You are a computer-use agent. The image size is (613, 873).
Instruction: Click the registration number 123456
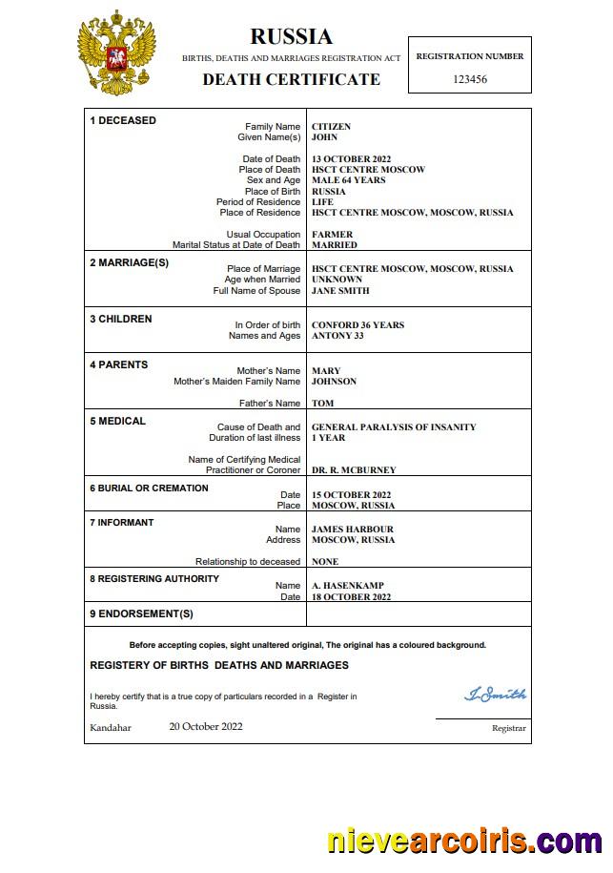pos(470,79)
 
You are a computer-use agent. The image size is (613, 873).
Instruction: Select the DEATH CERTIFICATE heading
pos(291,79)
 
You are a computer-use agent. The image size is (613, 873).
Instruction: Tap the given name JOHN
pos(325,137)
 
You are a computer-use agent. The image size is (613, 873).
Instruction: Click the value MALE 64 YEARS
pos(348,180)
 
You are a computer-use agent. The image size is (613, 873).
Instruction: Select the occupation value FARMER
pos(332,235)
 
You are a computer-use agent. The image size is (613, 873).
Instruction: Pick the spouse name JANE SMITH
pos(340,291)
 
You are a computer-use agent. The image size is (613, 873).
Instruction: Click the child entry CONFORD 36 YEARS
pos(358,325)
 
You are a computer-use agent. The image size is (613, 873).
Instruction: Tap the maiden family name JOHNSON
pos(334,382)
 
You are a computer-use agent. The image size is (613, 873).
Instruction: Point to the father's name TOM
pos(322,404)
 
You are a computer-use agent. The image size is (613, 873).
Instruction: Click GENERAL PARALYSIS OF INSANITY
pos(394,427)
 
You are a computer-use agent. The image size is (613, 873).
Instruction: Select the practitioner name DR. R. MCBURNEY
pos(354,470)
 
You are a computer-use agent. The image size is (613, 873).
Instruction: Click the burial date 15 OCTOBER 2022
pos(352,495)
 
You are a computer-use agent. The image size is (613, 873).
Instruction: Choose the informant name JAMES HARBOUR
pos(352,530)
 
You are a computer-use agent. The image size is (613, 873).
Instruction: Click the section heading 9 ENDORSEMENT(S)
pos(141,613)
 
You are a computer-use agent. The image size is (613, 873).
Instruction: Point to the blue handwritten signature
pos(495,695)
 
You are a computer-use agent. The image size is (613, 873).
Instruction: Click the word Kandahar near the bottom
pos(111,728)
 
